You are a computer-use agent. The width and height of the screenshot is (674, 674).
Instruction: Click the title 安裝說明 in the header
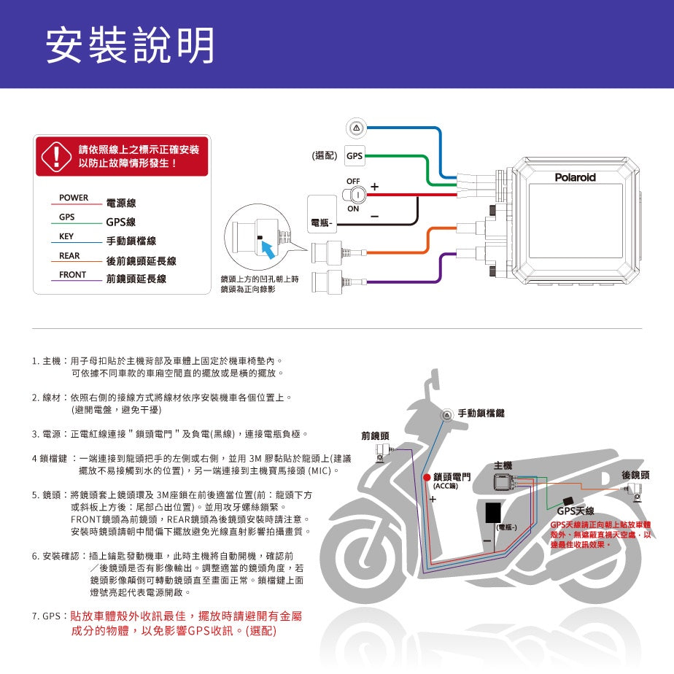pos(130,45)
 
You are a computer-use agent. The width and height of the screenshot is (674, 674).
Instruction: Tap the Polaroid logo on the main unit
pos(575,177)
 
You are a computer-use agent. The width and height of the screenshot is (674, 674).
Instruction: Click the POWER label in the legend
pos(74,198)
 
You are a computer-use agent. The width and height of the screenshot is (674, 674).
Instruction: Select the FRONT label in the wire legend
pos(73,275)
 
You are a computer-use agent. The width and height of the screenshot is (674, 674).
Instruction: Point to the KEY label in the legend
pos(67,236)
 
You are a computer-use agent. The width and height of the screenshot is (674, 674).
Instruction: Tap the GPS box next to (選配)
pos(354,156)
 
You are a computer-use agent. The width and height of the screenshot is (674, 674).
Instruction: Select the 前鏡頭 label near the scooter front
pos(375,435)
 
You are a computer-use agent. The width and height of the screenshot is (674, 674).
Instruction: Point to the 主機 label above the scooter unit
pos(503,464)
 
